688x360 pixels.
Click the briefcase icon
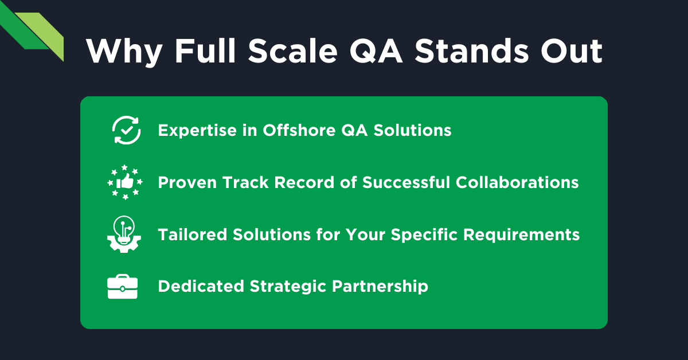click(123, 287)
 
